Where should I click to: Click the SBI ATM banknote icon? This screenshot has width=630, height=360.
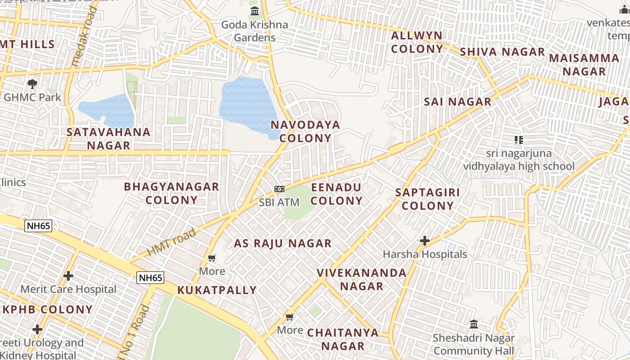tap(279, 189)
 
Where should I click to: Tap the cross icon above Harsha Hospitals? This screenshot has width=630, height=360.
tap(424, 241)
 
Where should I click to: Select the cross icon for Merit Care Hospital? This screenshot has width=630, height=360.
tap(68, 275)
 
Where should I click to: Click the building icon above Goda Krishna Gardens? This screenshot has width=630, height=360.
tap(255, 11)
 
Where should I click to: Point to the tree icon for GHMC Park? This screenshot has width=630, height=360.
tap(32, 84)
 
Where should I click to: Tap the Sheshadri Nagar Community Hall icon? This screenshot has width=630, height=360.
tap(473, 324)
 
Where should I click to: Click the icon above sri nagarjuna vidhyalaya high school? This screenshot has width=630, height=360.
tap(519, 140)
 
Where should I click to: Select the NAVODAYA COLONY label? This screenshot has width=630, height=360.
tap(305, 131)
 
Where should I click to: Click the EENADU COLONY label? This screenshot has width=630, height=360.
tap(336, 194)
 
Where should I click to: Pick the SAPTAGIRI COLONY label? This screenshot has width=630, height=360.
tap(427, 199)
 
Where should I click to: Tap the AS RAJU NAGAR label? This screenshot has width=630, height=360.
tap(283, 243)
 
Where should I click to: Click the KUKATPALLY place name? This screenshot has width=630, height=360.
tap(217, 290)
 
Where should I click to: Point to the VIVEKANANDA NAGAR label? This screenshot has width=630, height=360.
tap(361, 279)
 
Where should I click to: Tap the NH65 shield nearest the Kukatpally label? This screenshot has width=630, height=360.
tap(150, 278)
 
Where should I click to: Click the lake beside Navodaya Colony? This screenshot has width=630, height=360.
tap(247, 106)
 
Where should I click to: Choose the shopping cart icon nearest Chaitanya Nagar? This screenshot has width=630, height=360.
tap(290, 317)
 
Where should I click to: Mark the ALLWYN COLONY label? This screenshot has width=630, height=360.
tap(417, 42)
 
